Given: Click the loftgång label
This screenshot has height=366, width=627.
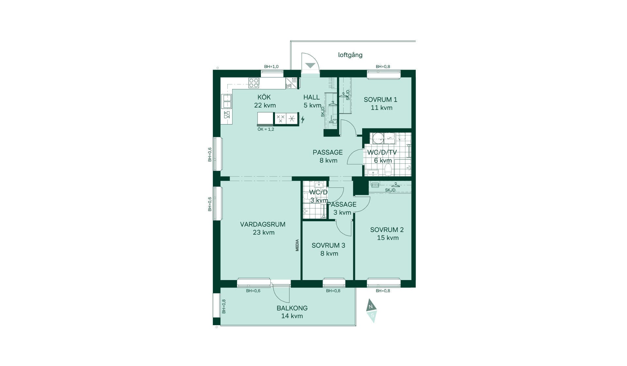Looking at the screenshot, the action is click(x=350, y=55).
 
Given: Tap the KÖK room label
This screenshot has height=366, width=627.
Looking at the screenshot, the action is click(x=264, y=97).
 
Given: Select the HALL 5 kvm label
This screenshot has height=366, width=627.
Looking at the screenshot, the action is click(x=312, y=101).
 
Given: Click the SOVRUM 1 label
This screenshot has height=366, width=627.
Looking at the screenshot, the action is click(x=380, y=100).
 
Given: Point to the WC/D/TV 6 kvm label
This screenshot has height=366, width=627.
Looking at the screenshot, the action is click(x=382, y=156).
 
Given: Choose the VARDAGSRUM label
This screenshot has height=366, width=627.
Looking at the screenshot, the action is click(x=263, y=225).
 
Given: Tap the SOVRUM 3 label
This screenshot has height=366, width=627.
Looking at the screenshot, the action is click(x=328, y=245).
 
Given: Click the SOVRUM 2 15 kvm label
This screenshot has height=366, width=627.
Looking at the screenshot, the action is click(x=387, y=234).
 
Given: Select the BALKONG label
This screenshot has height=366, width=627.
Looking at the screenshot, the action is click(x=292, y=308).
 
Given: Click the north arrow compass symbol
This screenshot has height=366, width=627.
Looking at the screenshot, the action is click(x=371, y=310).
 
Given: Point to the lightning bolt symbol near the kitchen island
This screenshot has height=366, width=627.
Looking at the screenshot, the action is click(x=303, y=119).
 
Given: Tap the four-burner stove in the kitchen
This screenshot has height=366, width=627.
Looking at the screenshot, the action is click(x=254, y=83).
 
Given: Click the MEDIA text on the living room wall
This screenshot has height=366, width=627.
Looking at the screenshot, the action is click(x=297, y=245).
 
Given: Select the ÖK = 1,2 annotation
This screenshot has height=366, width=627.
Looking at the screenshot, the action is click(x=266, y=129).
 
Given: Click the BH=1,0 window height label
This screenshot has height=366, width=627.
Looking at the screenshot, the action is click(x=271, y=67).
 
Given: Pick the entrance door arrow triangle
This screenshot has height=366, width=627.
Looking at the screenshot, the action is click(x=310, y=65).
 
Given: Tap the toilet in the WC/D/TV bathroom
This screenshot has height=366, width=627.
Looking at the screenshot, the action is click(x=388, y=170).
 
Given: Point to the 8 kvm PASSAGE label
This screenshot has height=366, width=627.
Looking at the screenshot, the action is click(x=328, y=157).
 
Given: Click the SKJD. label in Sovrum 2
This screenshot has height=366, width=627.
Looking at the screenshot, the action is click(x=391, y=190).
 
